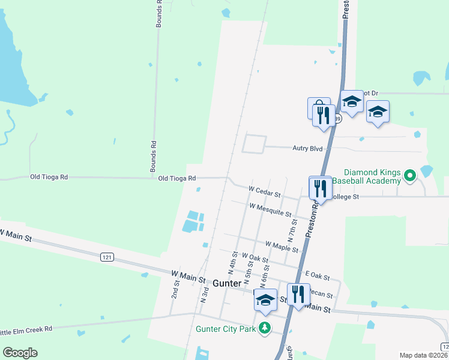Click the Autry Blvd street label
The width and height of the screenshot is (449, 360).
(308, 148)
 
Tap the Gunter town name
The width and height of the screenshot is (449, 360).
(227, 283)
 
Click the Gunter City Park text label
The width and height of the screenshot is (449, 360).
(225, 329)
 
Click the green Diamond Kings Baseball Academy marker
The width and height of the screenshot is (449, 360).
(410, 176)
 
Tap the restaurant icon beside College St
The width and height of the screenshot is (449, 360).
(320, 188)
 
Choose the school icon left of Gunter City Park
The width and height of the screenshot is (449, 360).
(265, 301)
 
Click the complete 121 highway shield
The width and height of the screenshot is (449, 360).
(107, 257)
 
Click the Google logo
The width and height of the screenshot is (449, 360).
(20, 353)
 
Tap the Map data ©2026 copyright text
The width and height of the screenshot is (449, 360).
(424, 355)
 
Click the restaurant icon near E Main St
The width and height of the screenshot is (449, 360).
(298, 294)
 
